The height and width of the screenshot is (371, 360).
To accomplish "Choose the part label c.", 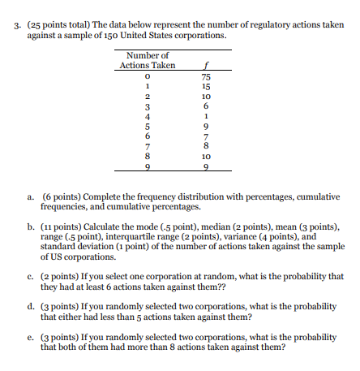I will point(30,277).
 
